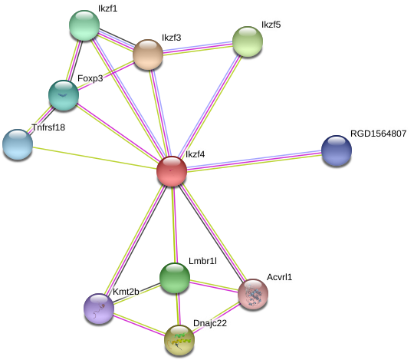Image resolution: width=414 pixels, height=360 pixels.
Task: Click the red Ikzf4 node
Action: (172, 171)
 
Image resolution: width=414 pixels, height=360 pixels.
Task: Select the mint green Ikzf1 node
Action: (84, 25)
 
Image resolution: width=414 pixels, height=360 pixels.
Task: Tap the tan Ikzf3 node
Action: (148, 54)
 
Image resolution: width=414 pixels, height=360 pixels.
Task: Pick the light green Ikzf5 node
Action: (248, 41)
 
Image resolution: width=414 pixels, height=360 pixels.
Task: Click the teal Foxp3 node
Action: (64, 95)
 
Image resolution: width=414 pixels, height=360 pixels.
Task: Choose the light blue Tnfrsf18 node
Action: (18, 144)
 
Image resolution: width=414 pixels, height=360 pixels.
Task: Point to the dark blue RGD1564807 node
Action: (337, 150)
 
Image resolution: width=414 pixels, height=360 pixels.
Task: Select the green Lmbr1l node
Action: (175, 278)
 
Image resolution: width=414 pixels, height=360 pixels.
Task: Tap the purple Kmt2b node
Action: (99, 309)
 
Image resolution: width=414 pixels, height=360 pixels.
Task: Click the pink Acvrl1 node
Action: (253, 294)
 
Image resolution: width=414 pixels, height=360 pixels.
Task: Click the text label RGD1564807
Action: (378, 134)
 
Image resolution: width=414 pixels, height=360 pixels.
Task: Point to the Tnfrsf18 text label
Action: (48, 127)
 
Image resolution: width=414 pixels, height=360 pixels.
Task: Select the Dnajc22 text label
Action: (210, 323)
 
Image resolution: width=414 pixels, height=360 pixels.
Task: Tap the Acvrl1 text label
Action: (279, 277)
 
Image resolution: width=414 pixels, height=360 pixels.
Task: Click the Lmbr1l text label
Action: (202, 261)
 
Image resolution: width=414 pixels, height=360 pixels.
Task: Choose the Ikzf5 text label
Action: (271, 25)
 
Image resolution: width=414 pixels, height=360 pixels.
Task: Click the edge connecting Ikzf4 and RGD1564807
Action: (254, 161)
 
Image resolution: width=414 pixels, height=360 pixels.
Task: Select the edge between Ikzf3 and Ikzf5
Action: (198, 48)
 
